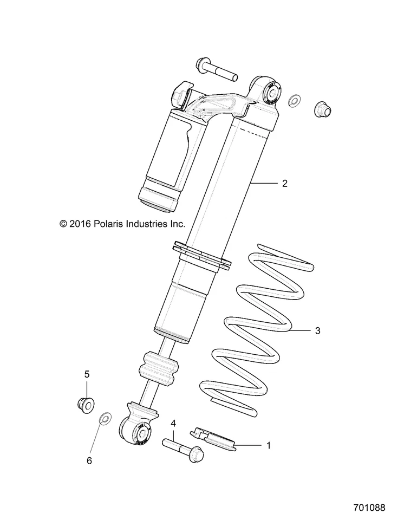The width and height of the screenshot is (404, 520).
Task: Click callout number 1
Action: tap(268, 446)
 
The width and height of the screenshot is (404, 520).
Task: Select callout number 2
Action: tap(285, 184)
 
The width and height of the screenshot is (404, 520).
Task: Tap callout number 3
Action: tap(318, 330)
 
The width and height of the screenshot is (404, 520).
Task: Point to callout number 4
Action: tap(173, 422)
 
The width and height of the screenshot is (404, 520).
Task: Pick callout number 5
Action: tap(86, 374)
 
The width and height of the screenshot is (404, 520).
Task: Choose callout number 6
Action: tap(90, 460)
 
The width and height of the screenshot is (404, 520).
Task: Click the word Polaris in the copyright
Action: tap(112, 223)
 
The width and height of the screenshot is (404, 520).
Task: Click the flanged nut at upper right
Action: tap(323, 108)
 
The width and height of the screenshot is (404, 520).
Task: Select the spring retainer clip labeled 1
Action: tap(213, 437)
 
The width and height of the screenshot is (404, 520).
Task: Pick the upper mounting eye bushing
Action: tap(269, 92)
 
